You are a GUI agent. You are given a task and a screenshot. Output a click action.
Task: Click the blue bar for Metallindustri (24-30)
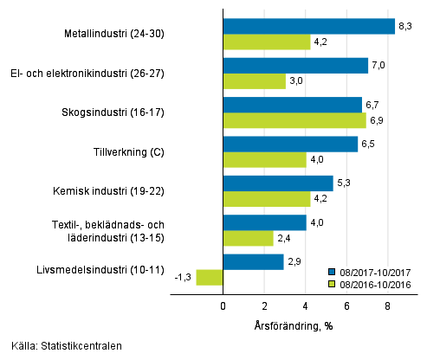pos(308,27)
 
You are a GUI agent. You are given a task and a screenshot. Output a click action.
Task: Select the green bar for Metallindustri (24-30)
pos(267,42)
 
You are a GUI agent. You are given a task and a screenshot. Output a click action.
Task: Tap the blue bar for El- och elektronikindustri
pos(295,66)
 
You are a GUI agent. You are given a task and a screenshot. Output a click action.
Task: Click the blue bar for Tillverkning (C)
pos(290,144)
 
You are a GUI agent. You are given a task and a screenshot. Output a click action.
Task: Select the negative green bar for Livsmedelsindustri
pos(210,277)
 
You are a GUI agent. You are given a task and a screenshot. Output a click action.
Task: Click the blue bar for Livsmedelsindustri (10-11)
pos(253,261)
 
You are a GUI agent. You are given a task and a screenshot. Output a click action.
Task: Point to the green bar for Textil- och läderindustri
pos(248,238)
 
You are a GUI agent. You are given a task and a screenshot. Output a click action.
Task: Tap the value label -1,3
pos(183,277)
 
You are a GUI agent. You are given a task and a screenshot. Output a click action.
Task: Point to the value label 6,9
pos(378,120)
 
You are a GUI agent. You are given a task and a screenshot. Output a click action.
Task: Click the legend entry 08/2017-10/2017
pos(378,269)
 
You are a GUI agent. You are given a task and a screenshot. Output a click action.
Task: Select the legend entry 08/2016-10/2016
pos(378,282)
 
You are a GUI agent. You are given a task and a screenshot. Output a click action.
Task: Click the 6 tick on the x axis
pos(346,306)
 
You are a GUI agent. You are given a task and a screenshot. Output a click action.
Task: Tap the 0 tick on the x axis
pos(223,306)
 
